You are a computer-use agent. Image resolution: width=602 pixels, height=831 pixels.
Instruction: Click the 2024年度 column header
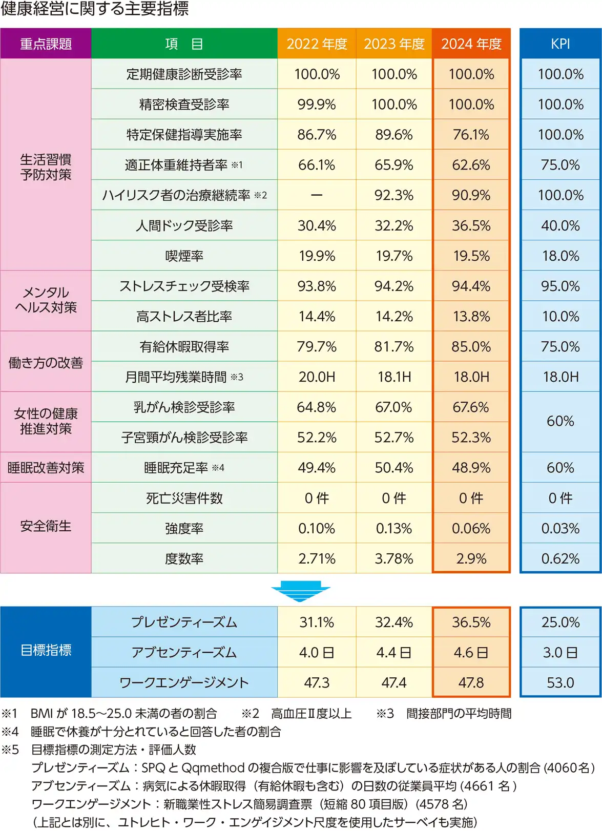pos(471,44)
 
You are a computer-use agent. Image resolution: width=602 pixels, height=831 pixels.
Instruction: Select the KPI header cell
pos(561,44)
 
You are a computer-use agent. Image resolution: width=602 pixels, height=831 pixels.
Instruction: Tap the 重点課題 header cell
pos(46,44)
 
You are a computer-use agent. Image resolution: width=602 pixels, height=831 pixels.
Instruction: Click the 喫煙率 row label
pos(184,256)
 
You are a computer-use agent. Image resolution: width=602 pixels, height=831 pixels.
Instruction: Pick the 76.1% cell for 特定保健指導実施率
pos(471,135)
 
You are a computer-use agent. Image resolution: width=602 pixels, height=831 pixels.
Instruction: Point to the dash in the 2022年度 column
pos(317,195)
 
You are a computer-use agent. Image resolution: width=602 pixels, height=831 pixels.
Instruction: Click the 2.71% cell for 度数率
pos(317,558)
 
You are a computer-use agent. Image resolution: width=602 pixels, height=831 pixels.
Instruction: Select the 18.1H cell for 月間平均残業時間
pos(394,377)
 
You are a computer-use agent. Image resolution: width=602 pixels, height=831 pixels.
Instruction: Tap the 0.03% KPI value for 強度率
pos(561,528)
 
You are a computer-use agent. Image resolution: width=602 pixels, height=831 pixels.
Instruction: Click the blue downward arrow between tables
pos(301,591)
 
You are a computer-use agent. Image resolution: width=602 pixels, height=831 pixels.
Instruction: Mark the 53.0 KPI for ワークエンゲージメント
pos(561,682)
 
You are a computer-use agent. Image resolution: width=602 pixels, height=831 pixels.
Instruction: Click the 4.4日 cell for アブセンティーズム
pos(394,652)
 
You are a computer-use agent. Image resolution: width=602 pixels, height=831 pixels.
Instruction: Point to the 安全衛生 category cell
pos(46,527)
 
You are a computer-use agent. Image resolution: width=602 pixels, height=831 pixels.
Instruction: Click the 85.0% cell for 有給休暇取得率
pos(471,347)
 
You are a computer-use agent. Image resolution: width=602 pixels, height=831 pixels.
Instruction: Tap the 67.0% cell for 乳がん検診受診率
pos(394,407)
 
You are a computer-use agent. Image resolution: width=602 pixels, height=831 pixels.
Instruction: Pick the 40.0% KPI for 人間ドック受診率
pos(561,225)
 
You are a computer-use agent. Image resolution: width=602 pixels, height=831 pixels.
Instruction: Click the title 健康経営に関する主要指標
pos(95,9)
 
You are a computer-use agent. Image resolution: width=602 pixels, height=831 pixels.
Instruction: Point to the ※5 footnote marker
pos(10,750)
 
